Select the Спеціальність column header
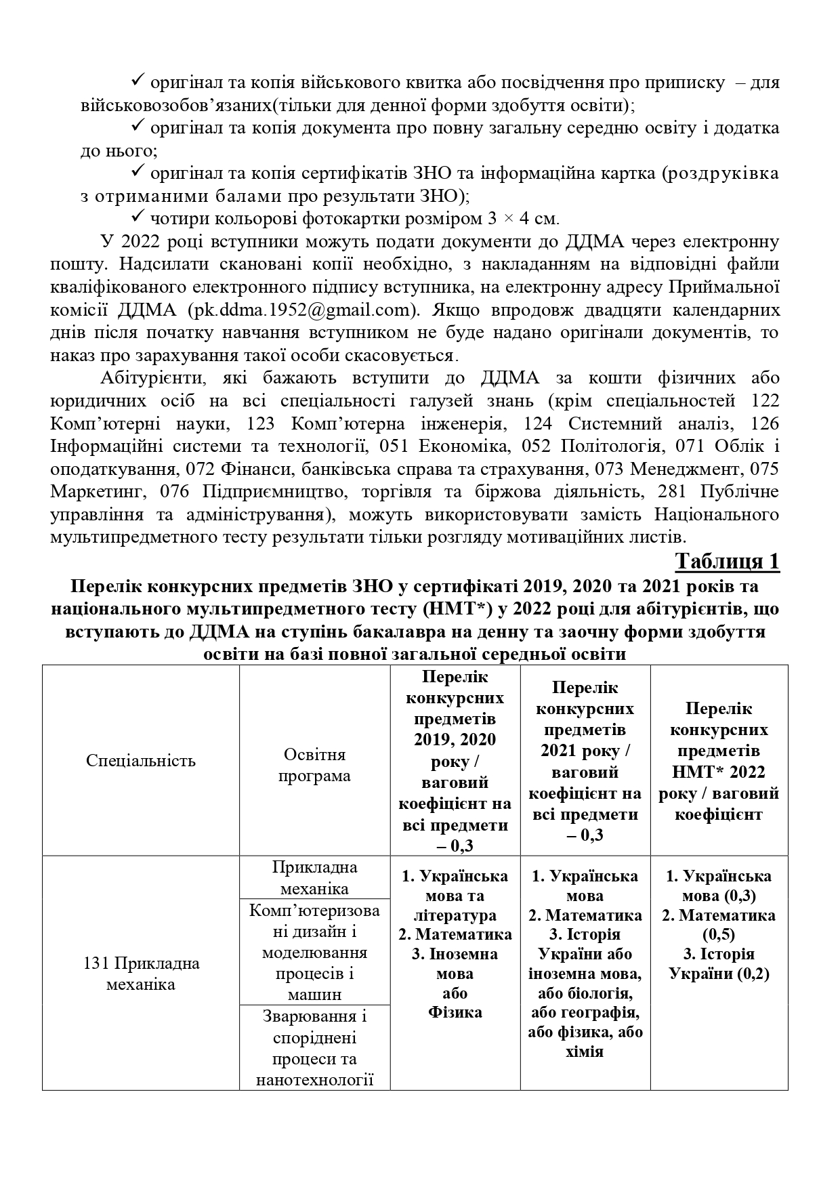(141, 760)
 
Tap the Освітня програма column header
(314, 765)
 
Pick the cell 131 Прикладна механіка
(141, 974)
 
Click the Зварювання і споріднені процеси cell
(314, 1047)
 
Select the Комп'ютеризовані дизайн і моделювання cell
(314, 952)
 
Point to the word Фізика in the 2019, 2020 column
(455, 1013)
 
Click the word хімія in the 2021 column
(585, 1052)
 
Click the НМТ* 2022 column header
(719, 761)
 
